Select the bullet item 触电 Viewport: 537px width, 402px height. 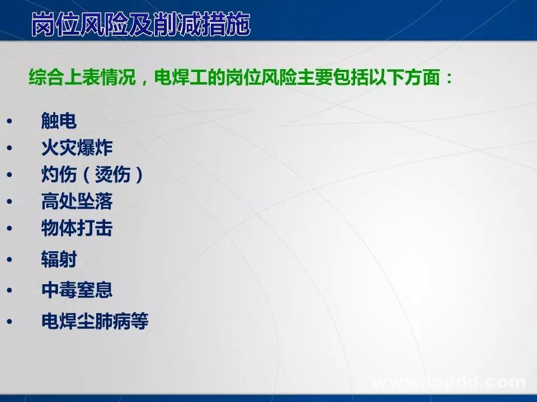pos(59,120)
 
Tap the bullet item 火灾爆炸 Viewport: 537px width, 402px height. pos(77,148)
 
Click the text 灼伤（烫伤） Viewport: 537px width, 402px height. pos(93,175)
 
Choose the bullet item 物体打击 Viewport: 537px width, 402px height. pos(77,228)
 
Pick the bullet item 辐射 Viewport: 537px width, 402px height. pos(59,260)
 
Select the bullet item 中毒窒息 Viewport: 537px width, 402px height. pos(77,290)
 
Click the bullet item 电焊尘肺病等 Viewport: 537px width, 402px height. pos(95,322)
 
